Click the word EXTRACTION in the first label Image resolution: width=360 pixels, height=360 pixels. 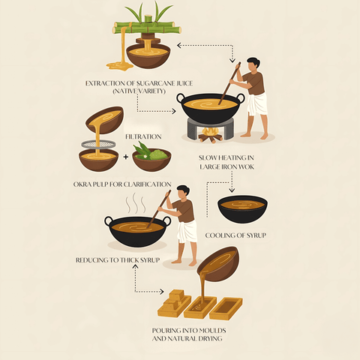point(107,82)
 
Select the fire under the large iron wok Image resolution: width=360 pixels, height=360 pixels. point(210,135)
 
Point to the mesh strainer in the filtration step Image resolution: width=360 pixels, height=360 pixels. point(97,144)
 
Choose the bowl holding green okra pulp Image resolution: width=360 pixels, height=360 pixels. point(151,159)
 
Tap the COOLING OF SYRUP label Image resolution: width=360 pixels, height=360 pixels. point(241,235)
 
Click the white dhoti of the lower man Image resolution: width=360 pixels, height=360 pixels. point(187,232)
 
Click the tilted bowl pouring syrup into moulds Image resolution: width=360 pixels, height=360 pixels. point(218,265)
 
